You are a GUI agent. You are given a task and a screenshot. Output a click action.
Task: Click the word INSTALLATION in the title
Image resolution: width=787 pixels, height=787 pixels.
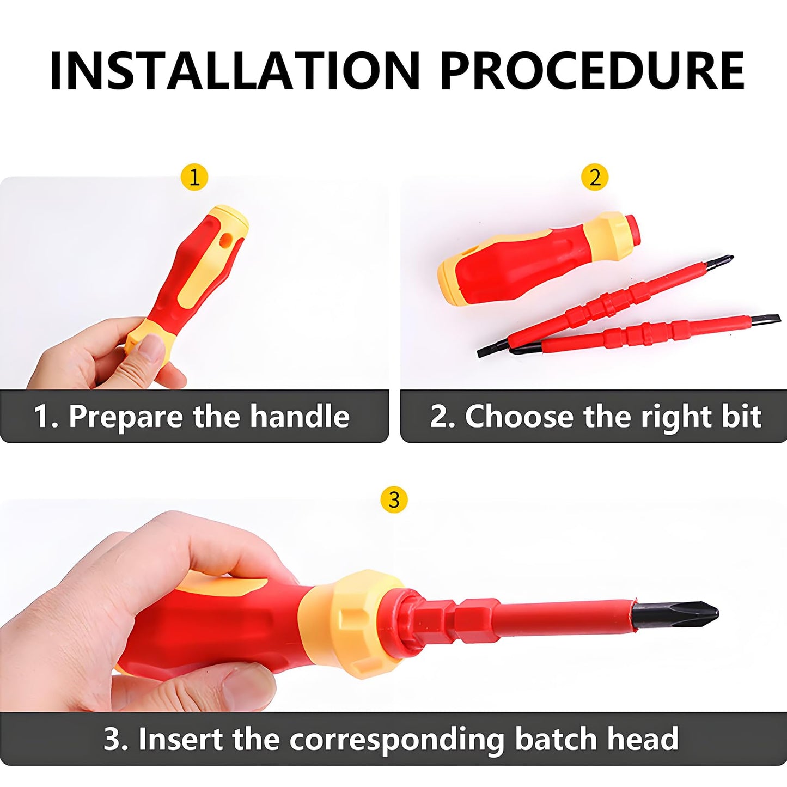[x=235, y=70]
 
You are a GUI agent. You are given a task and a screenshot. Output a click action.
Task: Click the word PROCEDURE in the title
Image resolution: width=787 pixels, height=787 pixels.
[x=592, y=70]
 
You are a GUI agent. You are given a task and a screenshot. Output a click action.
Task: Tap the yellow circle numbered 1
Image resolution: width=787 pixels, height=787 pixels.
[x=194, y=177]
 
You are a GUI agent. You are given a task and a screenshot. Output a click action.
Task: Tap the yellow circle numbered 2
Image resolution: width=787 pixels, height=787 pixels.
[x=595, y=177]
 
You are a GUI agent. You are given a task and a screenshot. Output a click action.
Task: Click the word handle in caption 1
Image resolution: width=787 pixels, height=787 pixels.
[x=300, y=417]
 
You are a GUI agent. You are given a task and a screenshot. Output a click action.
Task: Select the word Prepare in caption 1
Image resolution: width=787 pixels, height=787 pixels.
[x=126, y=417]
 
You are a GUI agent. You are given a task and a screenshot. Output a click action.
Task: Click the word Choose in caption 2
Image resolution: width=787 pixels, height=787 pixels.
[x=519, y=417]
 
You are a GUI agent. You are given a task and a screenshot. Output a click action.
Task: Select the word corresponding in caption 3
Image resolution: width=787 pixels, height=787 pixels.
[x=397, y=739]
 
